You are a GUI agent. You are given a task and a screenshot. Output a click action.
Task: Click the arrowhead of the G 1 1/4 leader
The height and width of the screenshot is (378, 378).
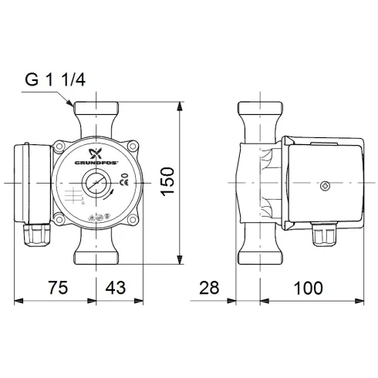coord(73,105)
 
